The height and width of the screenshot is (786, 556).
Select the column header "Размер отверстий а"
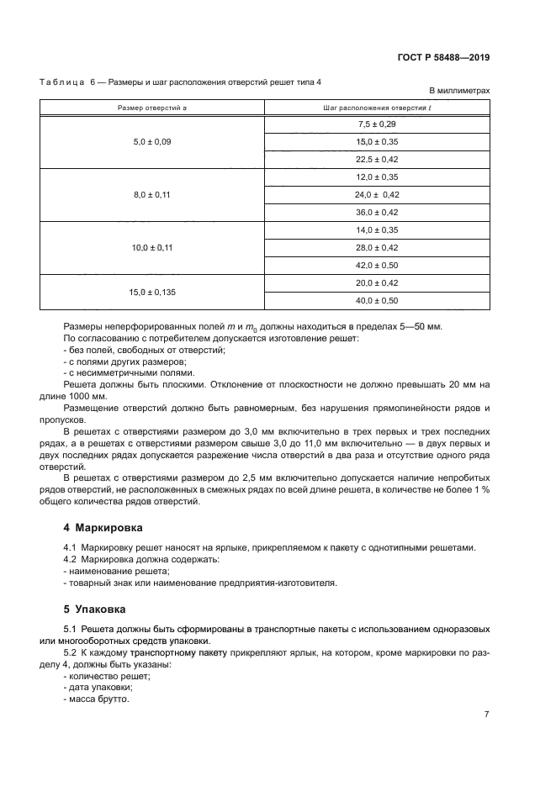click(152, 107)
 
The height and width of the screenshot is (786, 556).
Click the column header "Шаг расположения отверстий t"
click(377, 107)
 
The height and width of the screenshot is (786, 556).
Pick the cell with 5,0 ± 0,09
click(152, 142)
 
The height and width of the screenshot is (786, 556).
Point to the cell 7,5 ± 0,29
click(377, 124)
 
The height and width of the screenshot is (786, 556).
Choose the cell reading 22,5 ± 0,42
click(377, 160)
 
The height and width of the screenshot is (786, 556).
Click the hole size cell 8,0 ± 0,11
click(152, 194)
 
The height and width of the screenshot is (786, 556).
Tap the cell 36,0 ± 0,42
click(377, 212)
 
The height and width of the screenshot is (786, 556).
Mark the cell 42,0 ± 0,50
click(377, 265)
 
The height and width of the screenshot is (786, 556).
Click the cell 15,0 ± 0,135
click(152, 292)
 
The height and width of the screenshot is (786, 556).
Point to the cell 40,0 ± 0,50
click(377, 300)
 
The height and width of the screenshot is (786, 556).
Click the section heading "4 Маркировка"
click(103, 529)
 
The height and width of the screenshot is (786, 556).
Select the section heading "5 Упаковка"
click(96, 609)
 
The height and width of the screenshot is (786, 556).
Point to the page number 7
click(486, 714)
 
